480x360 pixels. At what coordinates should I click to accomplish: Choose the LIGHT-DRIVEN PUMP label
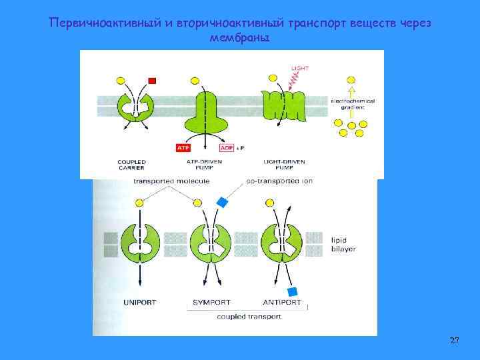pyautogui.click(x=279, y=164)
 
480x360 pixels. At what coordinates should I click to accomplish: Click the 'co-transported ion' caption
pyautogui.click(x=279, y=181)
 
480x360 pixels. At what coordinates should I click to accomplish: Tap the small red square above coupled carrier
pyautogui.click(x=152, y=81)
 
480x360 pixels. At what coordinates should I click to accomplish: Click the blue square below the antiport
pyautogui.click(x=291, y=292)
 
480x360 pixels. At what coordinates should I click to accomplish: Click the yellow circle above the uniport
pyautogui.click(x=139, y=202)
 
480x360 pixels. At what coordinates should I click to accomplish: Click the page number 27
pyautogui.click(x=454, y=341)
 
